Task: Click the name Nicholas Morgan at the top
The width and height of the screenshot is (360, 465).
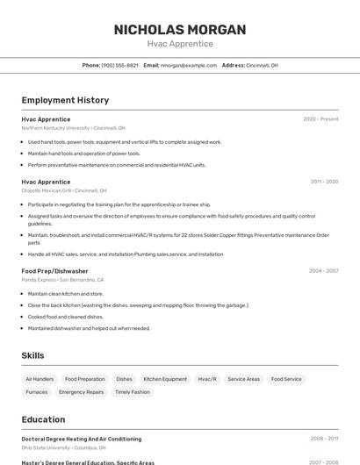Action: pos(180,30)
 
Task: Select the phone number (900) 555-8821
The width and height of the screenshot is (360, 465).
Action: pos(119,65)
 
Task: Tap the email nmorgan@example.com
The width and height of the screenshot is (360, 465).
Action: pos(187,65)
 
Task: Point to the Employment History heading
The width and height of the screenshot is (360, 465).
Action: pos(65,100)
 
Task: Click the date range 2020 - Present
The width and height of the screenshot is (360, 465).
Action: pos(320,119)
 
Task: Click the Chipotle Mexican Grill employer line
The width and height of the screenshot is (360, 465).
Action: pos(63,190)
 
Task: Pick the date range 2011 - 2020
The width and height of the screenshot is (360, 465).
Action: pos(324,182)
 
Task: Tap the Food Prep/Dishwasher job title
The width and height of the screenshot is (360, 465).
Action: pos(54,271)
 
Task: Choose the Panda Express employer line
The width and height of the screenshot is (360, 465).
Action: pos(62,280)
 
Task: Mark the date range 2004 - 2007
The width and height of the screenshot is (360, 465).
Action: pos(323,271)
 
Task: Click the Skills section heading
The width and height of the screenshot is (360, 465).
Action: pos(33,355)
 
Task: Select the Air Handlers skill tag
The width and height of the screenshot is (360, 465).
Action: pos(40,379)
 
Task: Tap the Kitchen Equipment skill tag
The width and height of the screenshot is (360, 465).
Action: pos(165,379)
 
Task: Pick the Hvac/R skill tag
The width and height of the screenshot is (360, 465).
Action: pos(207,379)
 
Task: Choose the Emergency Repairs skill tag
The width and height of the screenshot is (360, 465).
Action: pos(81,392)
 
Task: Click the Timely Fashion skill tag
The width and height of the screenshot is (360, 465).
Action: pos(132,392)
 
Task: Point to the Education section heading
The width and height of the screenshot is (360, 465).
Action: pos(43,419)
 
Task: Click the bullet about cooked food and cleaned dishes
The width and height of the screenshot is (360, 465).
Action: pos(65,317)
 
